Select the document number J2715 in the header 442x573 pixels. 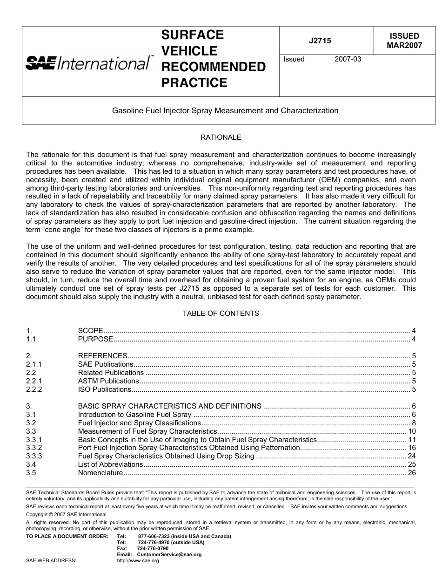tap(320, 41)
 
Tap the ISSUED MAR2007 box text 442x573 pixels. tap(404, 41)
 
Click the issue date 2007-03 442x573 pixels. tap(348, 59)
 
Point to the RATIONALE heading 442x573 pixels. tap(221, 137)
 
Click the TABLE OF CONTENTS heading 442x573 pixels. tap(221, 314)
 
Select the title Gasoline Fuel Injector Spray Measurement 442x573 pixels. tap(225, 111)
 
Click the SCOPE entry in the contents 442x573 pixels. tap(90, 331)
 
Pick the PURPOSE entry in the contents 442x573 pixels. tap(95, 339)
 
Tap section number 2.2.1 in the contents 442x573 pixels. tap(34, 381)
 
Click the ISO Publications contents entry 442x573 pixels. tap(105, 389)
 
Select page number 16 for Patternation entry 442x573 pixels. tap(411, 448)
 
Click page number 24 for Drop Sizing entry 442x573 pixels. tap(411, 456)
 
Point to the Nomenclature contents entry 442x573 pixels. tap(100, 473)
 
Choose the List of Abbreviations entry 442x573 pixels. tap(110, 464)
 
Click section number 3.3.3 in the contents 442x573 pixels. tap(34, 456)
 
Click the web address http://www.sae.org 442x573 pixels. tap(138, 561)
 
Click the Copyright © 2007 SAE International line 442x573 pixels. tap(66, 514)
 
